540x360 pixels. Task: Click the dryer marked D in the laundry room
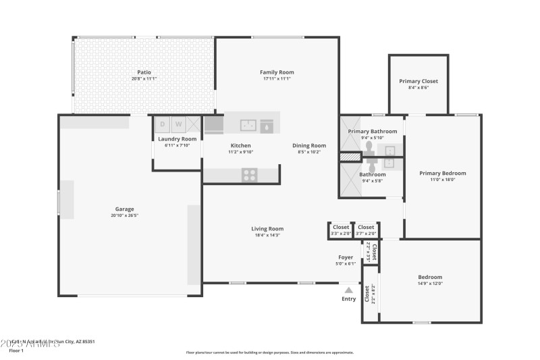point(162,124)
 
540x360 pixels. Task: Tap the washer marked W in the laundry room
point(179,124)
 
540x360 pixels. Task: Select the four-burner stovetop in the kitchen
point(250,175)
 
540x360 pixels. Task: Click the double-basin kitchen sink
point(248,124)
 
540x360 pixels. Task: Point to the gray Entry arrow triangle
point(348,290)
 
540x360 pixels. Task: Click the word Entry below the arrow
point(348,299)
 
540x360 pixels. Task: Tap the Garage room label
point(124,209)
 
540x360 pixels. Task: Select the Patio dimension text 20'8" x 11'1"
point(144,79)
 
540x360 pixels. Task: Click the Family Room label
point(277,72)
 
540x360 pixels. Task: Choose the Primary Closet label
point(418,81)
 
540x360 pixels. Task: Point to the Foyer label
point(346,257)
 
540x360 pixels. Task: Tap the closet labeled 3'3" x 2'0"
point(341,230)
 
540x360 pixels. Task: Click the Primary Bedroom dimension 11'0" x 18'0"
point(442,180)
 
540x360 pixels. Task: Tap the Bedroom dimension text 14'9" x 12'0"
point(430,284)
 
